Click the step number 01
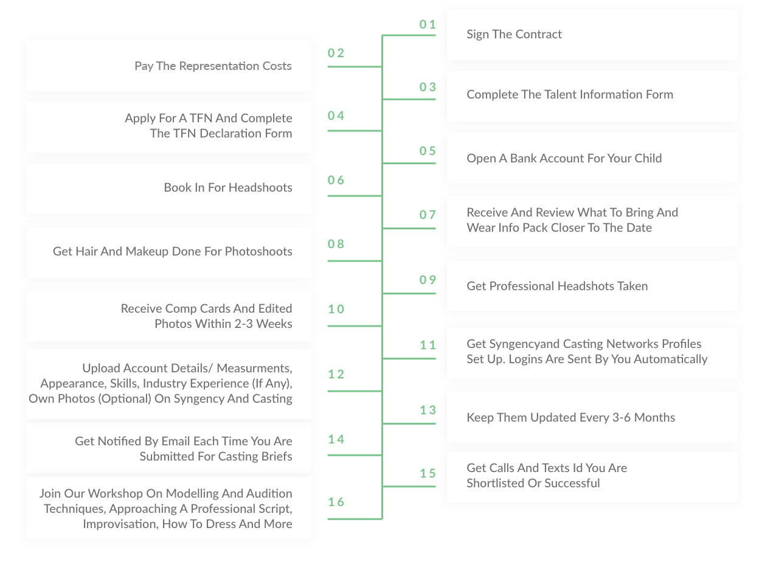(428, 24)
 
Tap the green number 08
(336, 244)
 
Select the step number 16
(336, 502)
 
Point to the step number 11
(428, 345)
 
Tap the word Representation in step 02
(219, 66)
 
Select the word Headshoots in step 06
(260, 187)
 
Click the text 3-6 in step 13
(622, 417)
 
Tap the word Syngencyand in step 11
(529, 344)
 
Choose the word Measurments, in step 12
(255, 368)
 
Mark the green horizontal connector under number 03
(409, 99)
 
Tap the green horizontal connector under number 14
(355, 455)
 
